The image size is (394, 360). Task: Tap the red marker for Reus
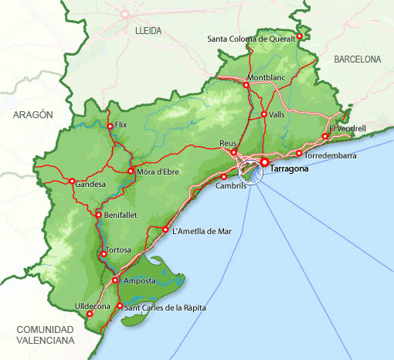point(234,152)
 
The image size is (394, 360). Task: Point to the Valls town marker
point(263,114)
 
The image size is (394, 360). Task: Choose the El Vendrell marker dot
point(325,137)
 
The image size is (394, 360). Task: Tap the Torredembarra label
point(331,155)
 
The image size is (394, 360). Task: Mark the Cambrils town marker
point(224,177)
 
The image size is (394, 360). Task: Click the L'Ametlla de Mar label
point(202,230)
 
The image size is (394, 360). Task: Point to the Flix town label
point(121,124)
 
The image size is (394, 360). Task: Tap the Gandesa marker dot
point(72,182)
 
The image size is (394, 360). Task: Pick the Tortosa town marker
point(103,253)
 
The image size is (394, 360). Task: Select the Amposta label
point(140,280)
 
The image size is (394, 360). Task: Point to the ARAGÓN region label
point(32,114)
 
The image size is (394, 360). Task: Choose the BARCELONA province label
point(357,59)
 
